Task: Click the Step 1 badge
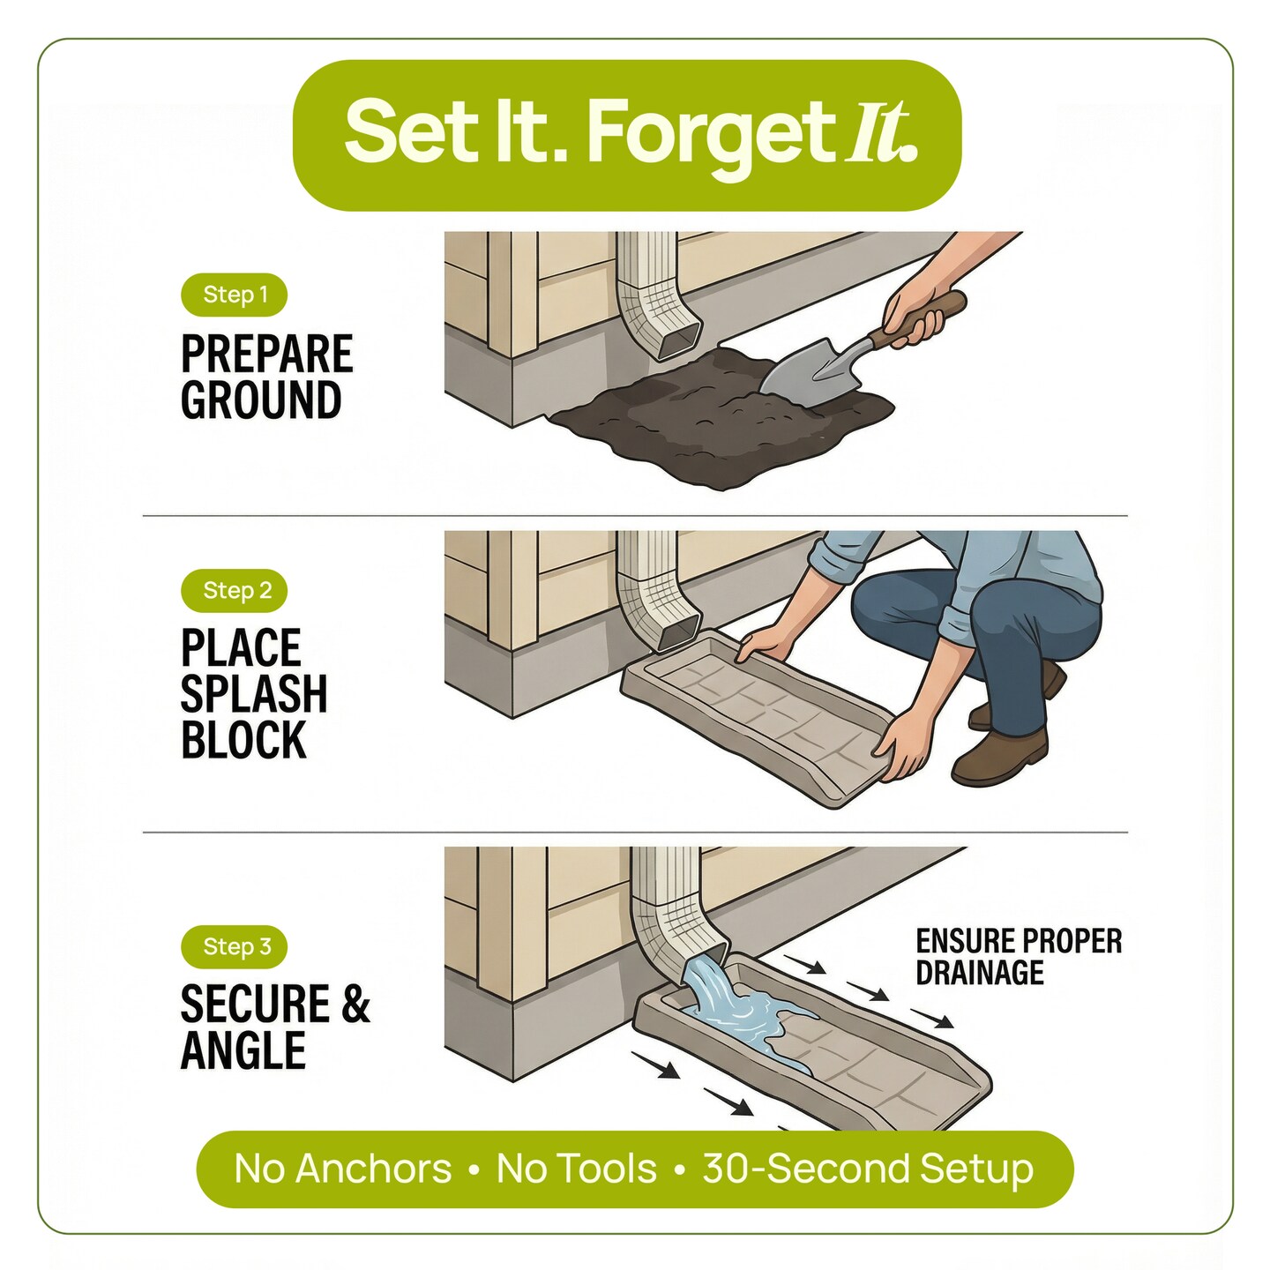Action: click(x=234, y=295)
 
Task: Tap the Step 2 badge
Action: click(x=234, y=590)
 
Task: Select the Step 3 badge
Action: click(x=234, y=946)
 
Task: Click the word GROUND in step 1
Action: click(x=261, y=400)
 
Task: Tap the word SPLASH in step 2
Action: click(x=254, y=694)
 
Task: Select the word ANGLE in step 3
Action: click(x=243, y=1050)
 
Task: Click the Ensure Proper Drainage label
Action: click(x=1018, y=957)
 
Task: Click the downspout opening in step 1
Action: click(x=678, y=339)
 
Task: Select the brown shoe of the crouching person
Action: click(x=1001, y=758)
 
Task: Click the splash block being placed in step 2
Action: click(x=758, y=714)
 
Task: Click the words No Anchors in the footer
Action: click(x=342, y=1169)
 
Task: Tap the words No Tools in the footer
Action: click(x=576, y=1169)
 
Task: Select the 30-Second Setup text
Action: click(x=868, y=1169)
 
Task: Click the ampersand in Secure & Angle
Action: click(x=355, y=1005)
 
